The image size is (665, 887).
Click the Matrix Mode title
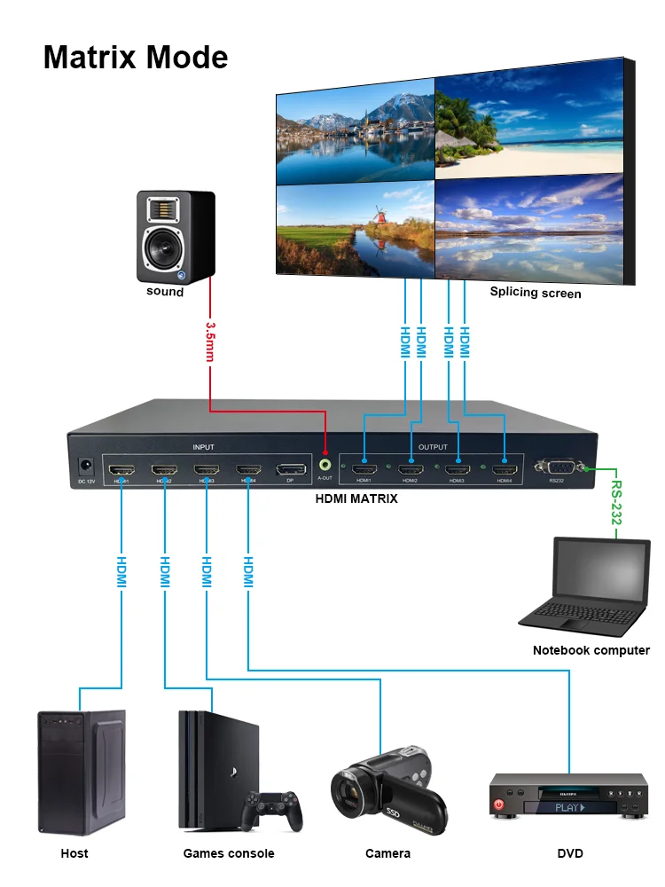pos(136,58)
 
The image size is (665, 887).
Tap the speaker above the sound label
pos(175,235)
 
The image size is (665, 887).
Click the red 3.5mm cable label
pos(210,342)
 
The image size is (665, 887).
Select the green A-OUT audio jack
pos(325,463)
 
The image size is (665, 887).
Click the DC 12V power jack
pos(86,465)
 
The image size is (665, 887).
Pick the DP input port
pos(291,468)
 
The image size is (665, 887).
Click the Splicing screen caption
pos(536,293)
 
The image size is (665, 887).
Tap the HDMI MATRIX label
pos(356,498)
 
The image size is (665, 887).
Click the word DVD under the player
pos(570,853)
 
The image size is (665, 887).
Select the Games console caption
pos(229,853)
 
